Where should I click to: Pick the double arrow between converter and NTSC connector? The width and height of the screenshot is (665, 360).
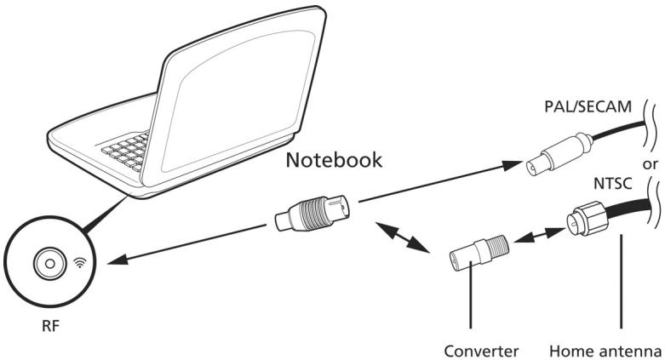point(542,238)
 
